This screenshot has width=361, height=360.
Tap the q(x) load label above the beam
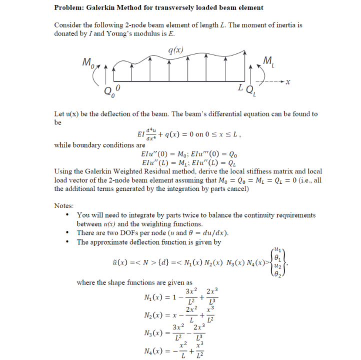click(x=175, y=50)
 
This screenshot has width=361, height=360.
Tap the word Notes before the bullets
click(x=64, y=205)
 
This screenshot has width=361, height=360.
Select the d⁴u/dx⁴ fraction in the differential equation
click(x=150, y=134)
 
